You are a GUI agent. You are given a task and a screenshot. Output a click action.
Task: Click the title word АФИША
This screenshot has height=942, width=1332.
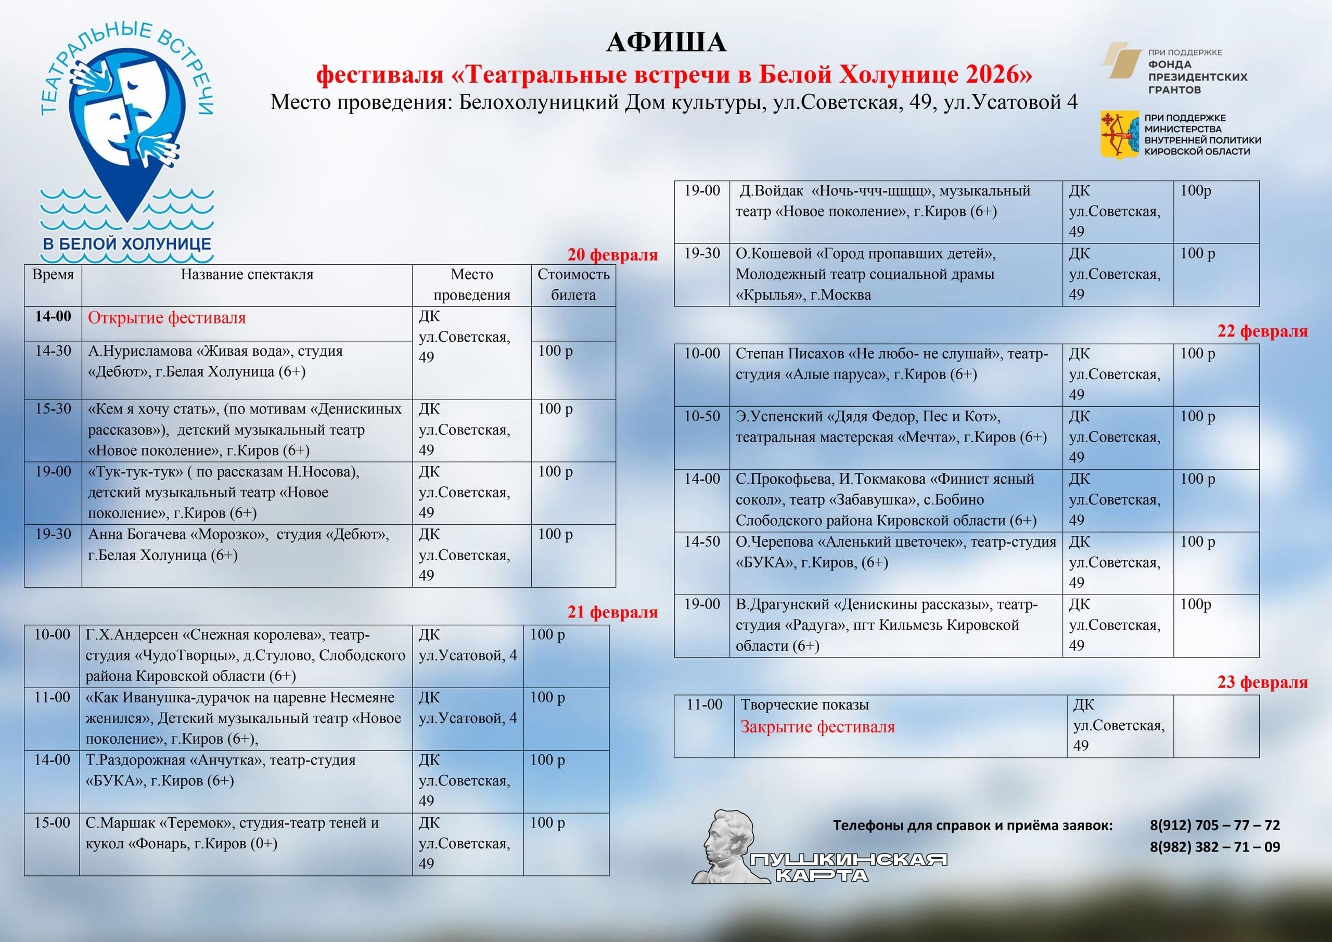(x=665, y=42)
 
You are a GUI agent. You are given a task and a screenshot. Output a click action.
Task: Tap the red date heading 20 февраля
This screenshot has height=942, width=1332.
(x=612, y=255)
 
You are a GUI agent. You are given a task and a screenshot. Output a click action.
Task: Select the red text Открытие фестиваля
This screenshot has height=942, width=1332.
(x=166, y=318)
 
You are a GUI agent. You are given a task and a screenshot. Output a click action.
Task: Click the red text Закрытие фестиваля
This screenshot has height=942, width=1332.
(x=817, y=727)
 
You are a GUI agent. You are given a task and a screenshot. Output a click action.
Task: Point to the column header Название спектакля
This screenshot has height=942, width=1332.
(x=247, y=275)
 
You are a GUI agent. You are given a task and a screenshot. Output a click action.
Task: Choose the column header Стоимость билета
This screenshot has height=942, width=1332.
(x=573, y=284)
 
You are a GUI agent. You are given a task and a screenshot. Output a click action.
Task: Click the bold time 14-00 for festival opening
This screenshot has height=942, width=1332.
(x=53, y=317)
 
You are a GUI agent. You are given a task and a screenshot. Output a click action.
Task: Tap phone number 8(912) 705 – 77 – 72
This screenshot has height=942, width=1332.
(x=1214, y=825)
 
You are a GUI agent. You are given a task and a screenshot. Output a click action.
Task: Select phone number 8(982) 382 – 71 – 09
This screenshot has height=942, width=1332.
(x=1214, y=847)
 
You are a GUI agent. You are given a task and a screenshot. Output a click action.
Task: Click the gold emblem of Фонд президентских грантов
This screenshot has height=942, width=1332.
(x=1122, y=60)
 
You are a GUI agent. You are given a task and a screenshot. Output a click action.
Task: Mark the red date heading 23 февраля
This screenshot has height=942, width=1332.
(x=1262, y=682)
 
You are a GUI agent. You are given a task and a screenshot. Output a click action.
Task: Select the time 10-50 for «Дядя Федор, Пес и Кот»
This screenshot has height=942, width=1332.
(x=701, y=417)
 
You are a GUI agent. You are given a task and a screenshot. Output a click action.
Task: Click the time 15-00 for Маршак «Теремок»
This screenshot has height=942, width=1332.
(x=52, y=822)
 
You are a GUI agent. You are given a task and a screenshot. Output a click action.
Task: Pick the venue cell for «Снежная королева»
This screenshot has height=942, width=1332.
(x=467, y=646)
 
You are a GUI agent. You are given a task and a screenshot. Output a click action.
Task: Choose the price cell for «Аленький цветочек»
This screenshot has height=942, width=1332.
(x=1197, y=542)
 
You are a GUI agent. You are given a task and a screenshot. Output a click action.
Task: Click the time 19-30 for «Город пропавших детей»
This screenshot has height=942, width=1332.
(x=701, y=253)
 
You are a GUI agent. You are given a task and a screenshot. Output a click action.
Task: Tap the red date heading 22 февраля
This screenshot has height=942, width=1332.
(x=1262, y=331)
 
